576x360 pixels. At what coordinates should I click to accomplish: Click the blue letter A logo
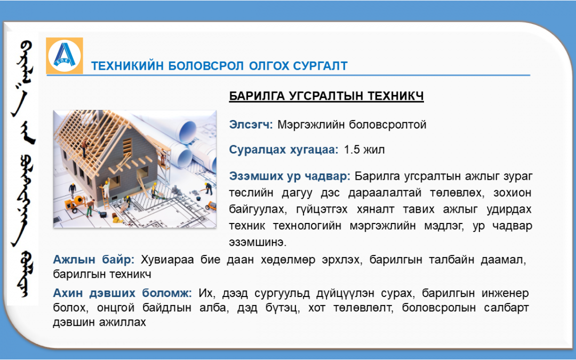[65, 55]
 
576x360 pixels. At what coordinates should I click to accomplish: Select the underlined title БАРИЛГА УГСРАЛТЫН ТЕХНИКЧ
[326, 96]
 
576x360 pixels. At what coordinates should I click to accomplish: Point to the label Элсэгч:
[251, 124]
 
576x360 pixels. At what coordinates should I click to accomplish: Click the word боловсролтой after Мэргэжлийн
[388, 125]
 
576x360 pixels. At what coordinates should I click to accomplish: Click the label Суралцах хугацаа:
[284, 150]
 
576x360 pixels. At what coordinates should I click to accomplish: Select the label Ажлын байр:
[94, 260]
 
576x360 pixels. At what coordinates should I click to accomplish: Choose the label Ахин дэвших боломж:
[122, 293]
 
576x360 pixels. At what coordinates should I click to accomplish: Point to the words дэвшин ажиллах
[99, 323]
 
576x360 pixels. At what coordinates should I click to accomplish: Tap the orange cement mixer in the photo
[75, 203]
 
